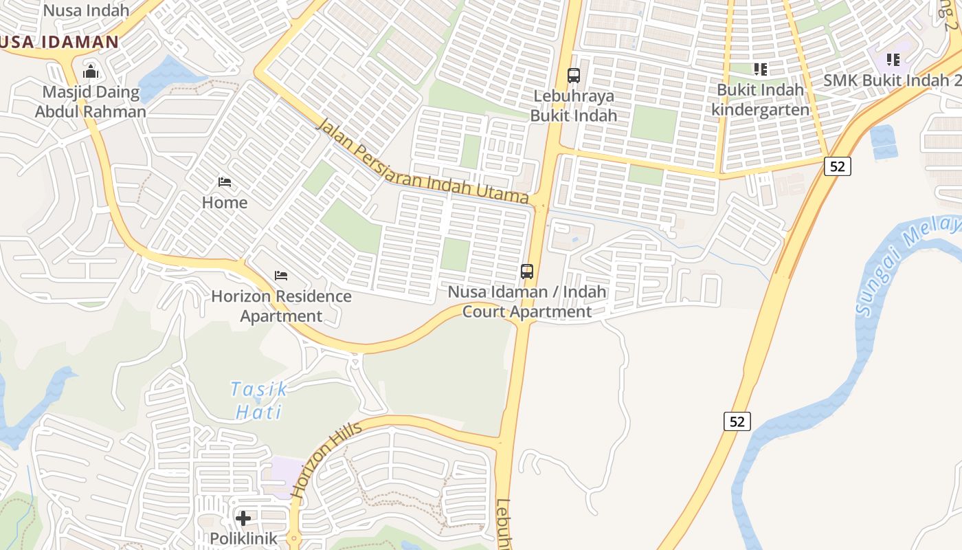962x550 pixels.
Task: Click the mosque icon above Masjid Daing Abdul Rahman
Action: pyautogui.click(x=91, y=71)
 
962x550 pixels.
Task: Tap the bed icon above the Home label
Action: pyautogui.click(x=225, y=182)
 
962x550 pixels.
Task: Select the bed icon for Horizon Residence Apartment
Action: pyautogui.click(x=281, y=276)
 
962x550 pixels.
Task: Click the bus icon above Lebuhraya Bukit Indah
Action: pyautogui.click(x=574, y=76)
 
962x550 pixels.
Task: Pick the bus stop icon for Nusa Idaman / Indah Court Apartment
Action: pyautogui.click(x=527, y=271)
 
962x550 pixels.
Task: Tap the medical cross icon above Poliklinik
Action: pyautogui.click(x=243, y=518)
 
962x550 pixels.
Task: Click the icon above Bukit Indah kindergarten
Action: pyautogui.click(x=761, y=69)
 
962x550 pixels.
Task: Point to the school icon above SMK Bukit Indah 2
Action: pyautogui.click(x=893, y=60)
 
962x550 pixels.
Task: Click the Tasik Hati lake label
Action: pyautogui.click(x=259, y=400)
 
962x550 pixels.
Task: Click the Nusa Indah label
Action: pyautogui.click(x=86, y=10)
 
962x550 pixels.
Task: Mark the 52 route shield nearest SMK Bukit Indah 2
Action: pyautogui.click(x=838, y=166)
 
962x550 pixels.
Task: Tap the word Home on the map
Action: pyautogui.click(x=225, y=203)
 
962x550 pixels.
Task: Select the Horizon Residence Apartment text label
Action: pyautogui.click(x=281, y=306)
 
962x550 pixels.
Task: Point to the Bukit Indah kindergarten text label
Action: pyautogui.click(x=761, y=100)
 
